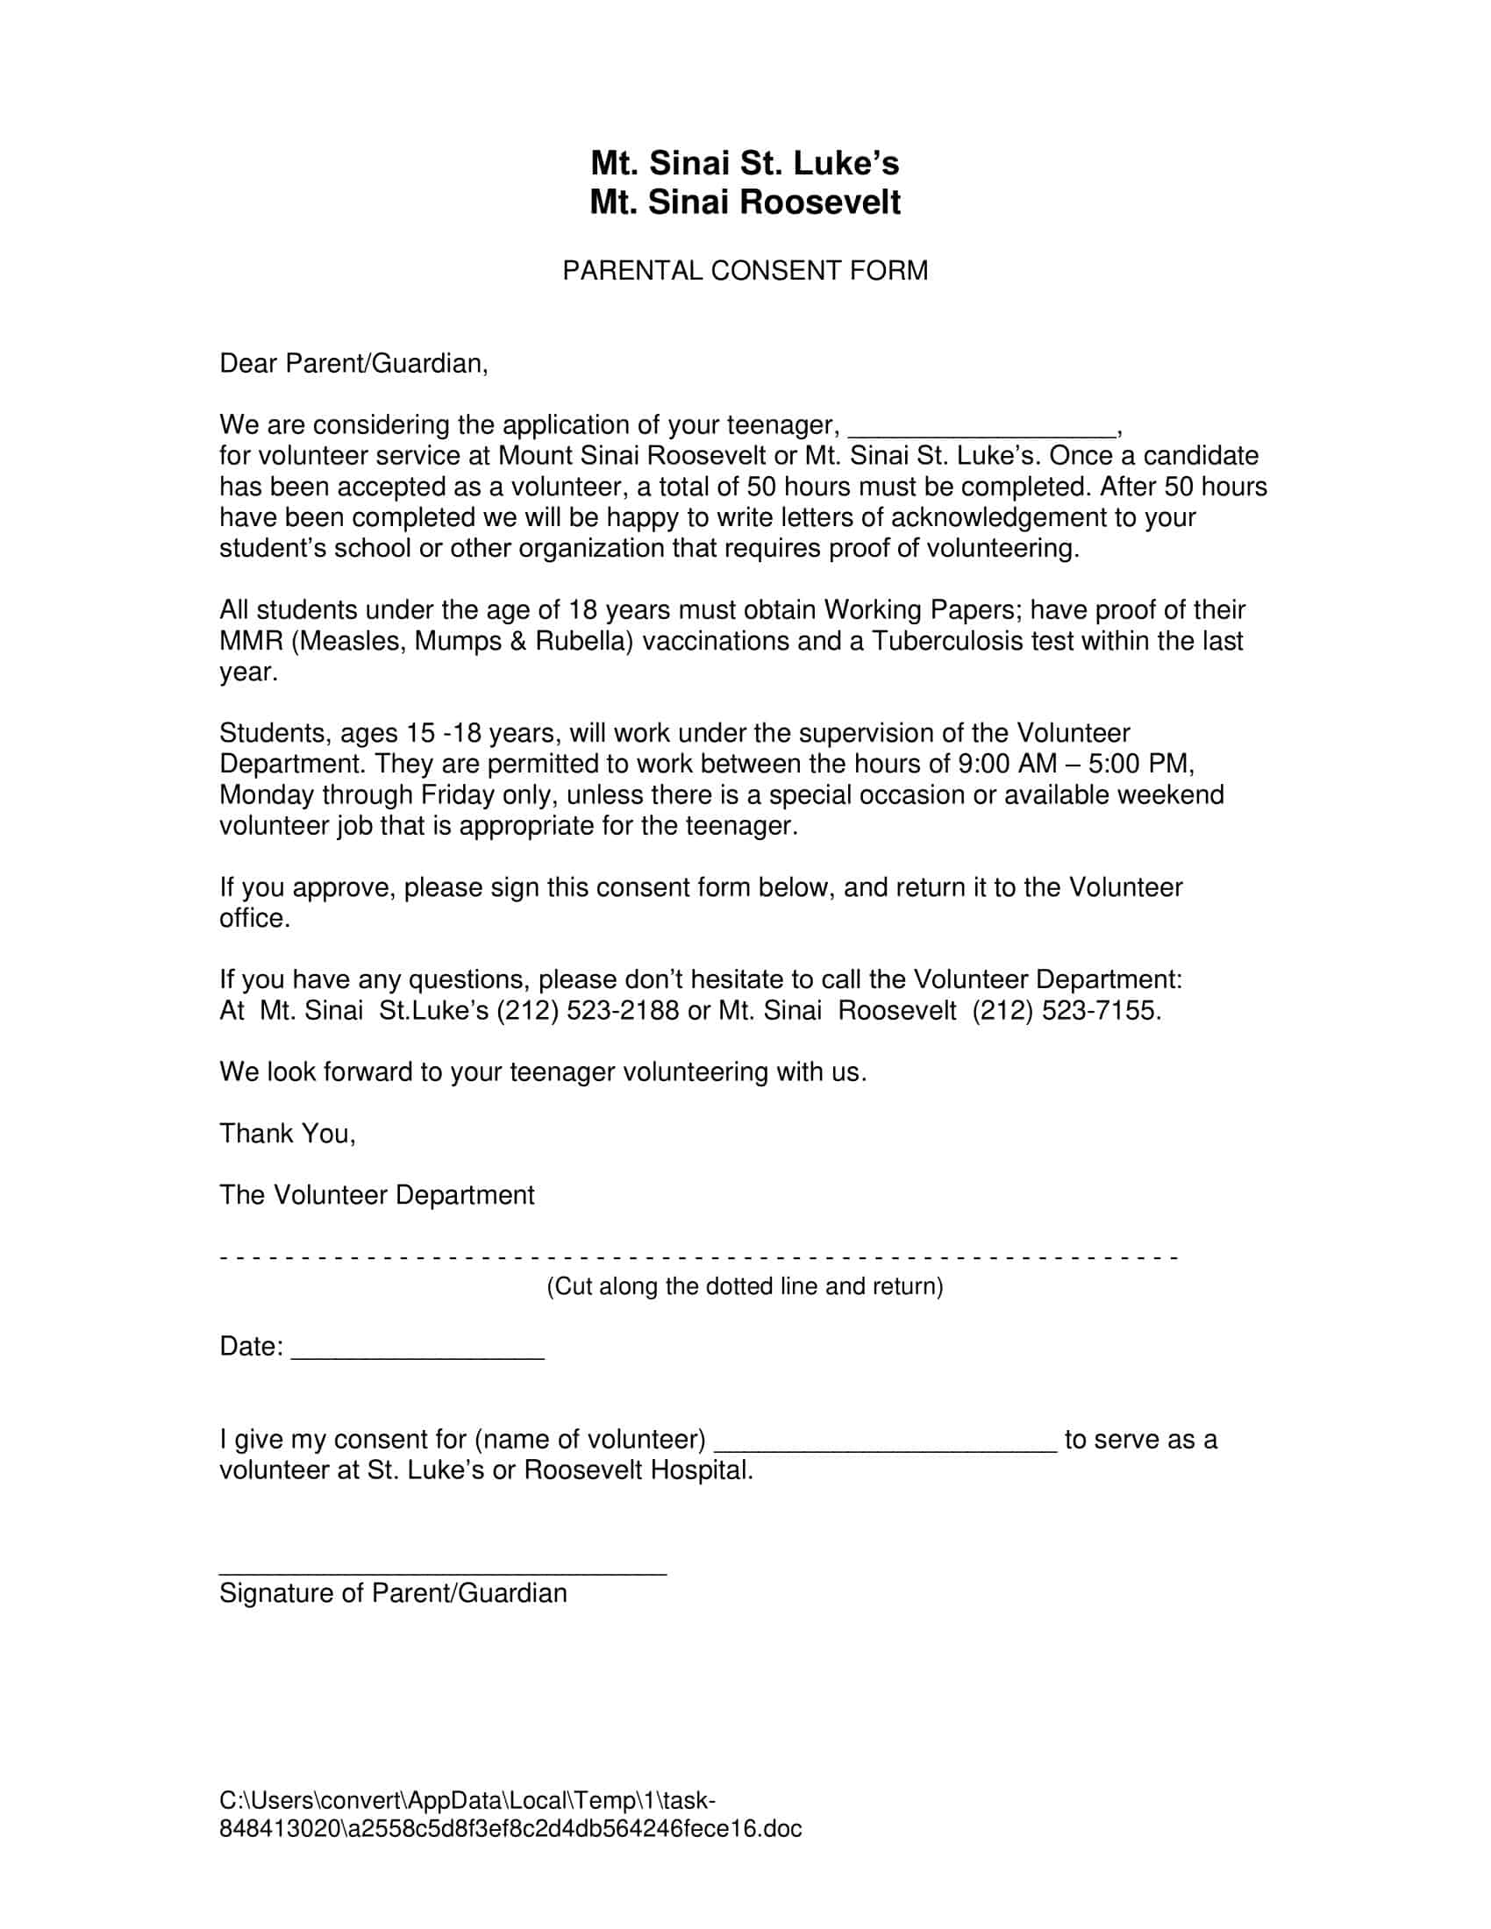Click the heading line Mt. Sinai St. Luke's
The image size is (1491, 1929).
745,163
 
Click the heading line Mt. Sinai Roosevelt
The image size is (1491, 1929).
745,203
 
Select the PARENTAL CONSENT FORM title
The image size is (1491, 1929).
745,270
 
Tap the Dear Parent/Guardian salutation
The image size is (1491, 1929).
353,364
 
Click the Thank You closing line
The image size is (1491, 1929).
287,1134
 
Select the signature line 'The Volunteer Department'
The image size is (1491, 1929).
376,1195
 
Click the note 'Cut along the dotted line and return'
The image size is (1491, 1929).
745,1286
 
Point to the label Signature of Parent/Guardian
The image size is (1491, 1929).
393,1593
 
